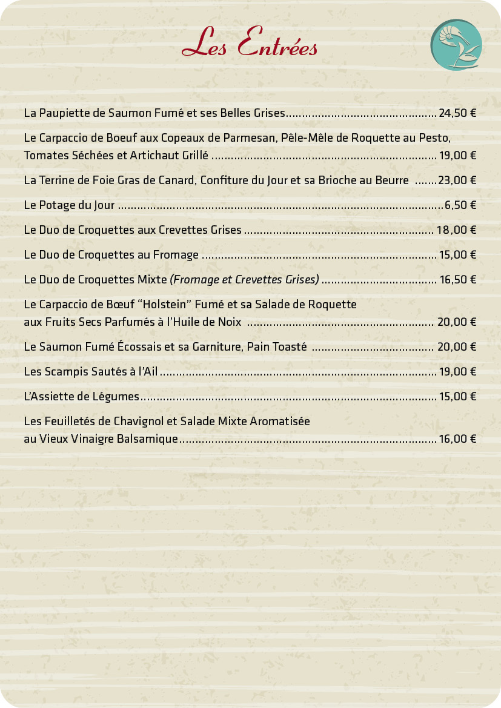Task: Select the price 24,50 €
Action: tap(457, 113)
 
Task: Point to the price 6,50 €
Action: tap(460, 205)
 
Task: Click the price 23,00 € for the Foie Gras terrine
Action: tap(457, 180)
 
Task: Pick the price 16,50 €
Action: tap(457, 280)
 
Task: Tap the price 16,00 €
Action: tap(457, 439)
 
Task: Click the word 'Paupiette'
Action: tap(65, 113)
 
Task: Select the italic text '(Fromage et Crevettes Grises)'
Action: tap(245, 280)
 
